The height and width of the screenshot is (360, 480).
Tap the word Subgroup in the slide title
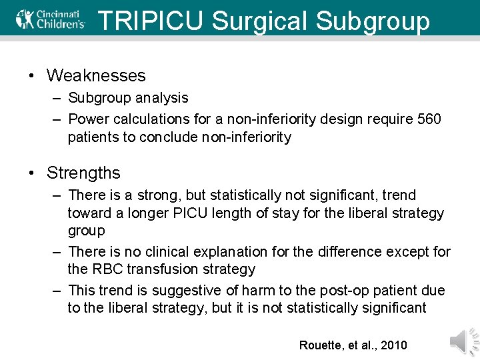[x=373, y=21]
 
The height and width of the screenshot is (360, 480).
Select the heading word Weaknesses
[x=96, y=76]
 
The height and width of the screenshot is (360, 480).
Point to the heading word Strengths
[x=83, y=173]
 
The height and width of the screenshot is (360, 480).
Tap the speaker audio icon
[x=463, y=341]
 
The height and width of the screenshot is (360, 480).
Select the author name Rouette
[x=321, y=345]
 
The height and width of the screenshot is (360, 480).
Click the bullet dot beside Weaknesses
[x=32, y=76]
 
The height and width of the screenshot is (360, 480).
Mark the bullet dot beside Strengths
[x=32, y=173]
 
